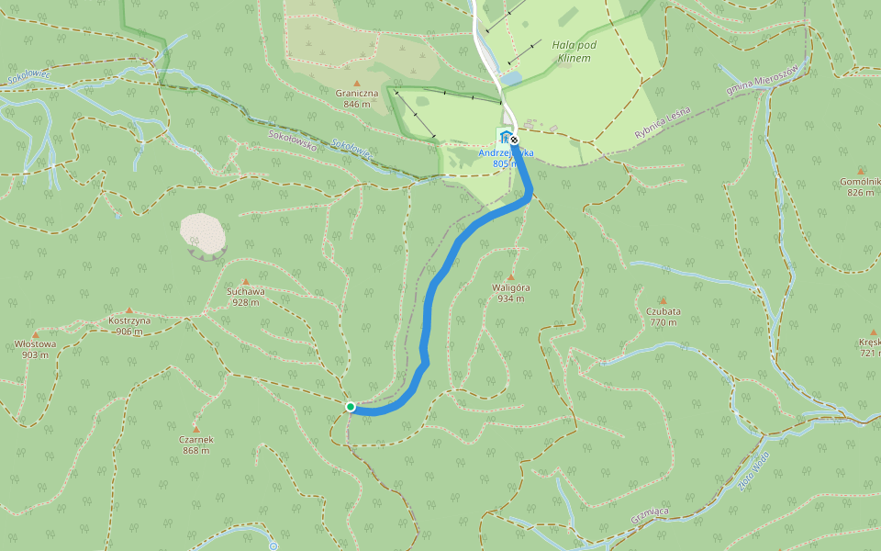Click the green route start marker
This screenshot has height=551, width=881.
pos(351,406)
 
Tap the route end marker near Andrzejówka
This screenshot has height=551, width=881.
pos(515,141)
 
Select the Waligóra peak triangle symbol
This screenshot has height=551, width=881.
pos(511,276)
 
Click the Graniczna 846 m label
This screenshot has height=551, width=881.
pos(357,98)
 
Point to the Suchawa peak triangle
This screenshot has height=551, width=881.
pos(245,282)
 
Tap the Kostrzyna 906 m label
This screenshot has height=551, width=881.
pos(129,326)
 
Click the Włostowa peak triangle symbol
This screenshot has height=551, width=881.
pos(36,334)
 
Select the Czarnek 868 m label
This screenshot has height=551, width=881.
pos(197,444)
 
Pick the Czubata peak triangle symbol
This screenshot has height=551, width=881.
pos(663,300)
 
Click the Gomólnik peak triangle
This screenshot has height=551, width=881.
pos(860,171)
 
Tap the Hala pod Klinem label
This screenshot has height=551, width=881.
pos(572,51)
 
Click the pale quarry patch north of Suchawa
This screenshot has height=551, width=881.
pos(203,233)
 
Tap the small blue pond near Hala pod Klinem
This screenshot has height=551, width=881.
pos(510,80)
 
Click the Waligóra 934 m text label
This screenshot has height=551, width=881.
pos(511,292)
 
